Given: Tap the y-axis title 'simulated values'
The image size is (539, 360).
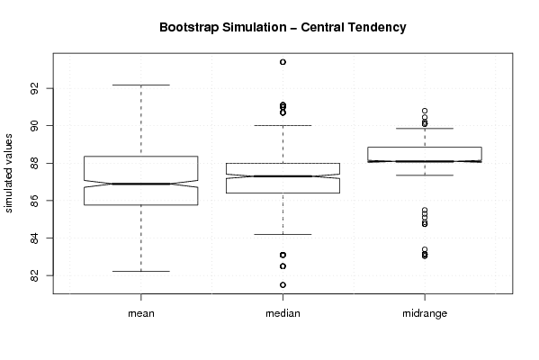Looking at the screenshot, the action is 8,174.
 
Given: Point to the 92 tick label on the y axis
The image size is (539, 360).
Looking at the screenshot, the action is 34,88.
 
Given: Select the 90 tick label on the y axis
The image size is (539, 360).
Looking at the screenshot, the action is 34,125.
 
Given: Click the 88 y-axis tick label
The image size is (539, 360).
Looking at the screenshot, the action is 34,163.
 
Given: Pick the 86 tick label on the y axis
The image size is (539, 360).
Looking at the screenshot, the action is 34,201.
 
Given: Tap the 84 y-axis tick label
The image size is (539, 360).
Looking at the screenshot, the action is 34,238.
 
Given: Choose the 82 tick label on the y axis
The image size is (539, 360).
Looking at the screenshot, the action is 34,275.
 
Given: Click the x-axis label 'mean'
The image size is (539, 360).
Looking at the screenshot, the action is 141,313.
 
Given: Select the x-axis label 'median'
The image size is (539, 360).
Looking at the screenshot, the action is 283,313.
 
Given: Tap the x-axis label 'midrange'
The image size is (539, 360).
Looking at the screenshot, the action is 425,313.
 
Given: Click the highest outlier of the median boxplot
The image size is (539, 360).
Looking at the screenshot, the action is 283,62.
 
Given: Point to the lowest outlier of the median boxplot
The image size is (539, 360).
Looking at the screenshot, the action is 283,284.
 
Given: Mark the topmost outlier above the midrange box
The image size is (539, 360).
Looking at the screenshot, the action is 425,111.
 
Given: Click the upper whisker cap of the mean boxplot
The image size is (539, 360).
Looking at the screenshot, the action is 141,85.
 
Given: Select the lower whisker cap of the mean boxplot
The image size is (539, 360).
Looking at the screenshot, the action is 141,271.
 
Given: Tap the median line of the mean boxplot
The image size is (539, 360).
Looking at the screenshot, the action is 141,184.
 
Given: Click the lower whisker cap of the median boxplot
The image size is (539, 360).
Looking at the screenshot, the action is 283,235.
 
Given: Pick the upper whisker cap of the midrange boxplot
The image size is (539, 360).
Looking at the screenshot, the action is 425,129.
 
